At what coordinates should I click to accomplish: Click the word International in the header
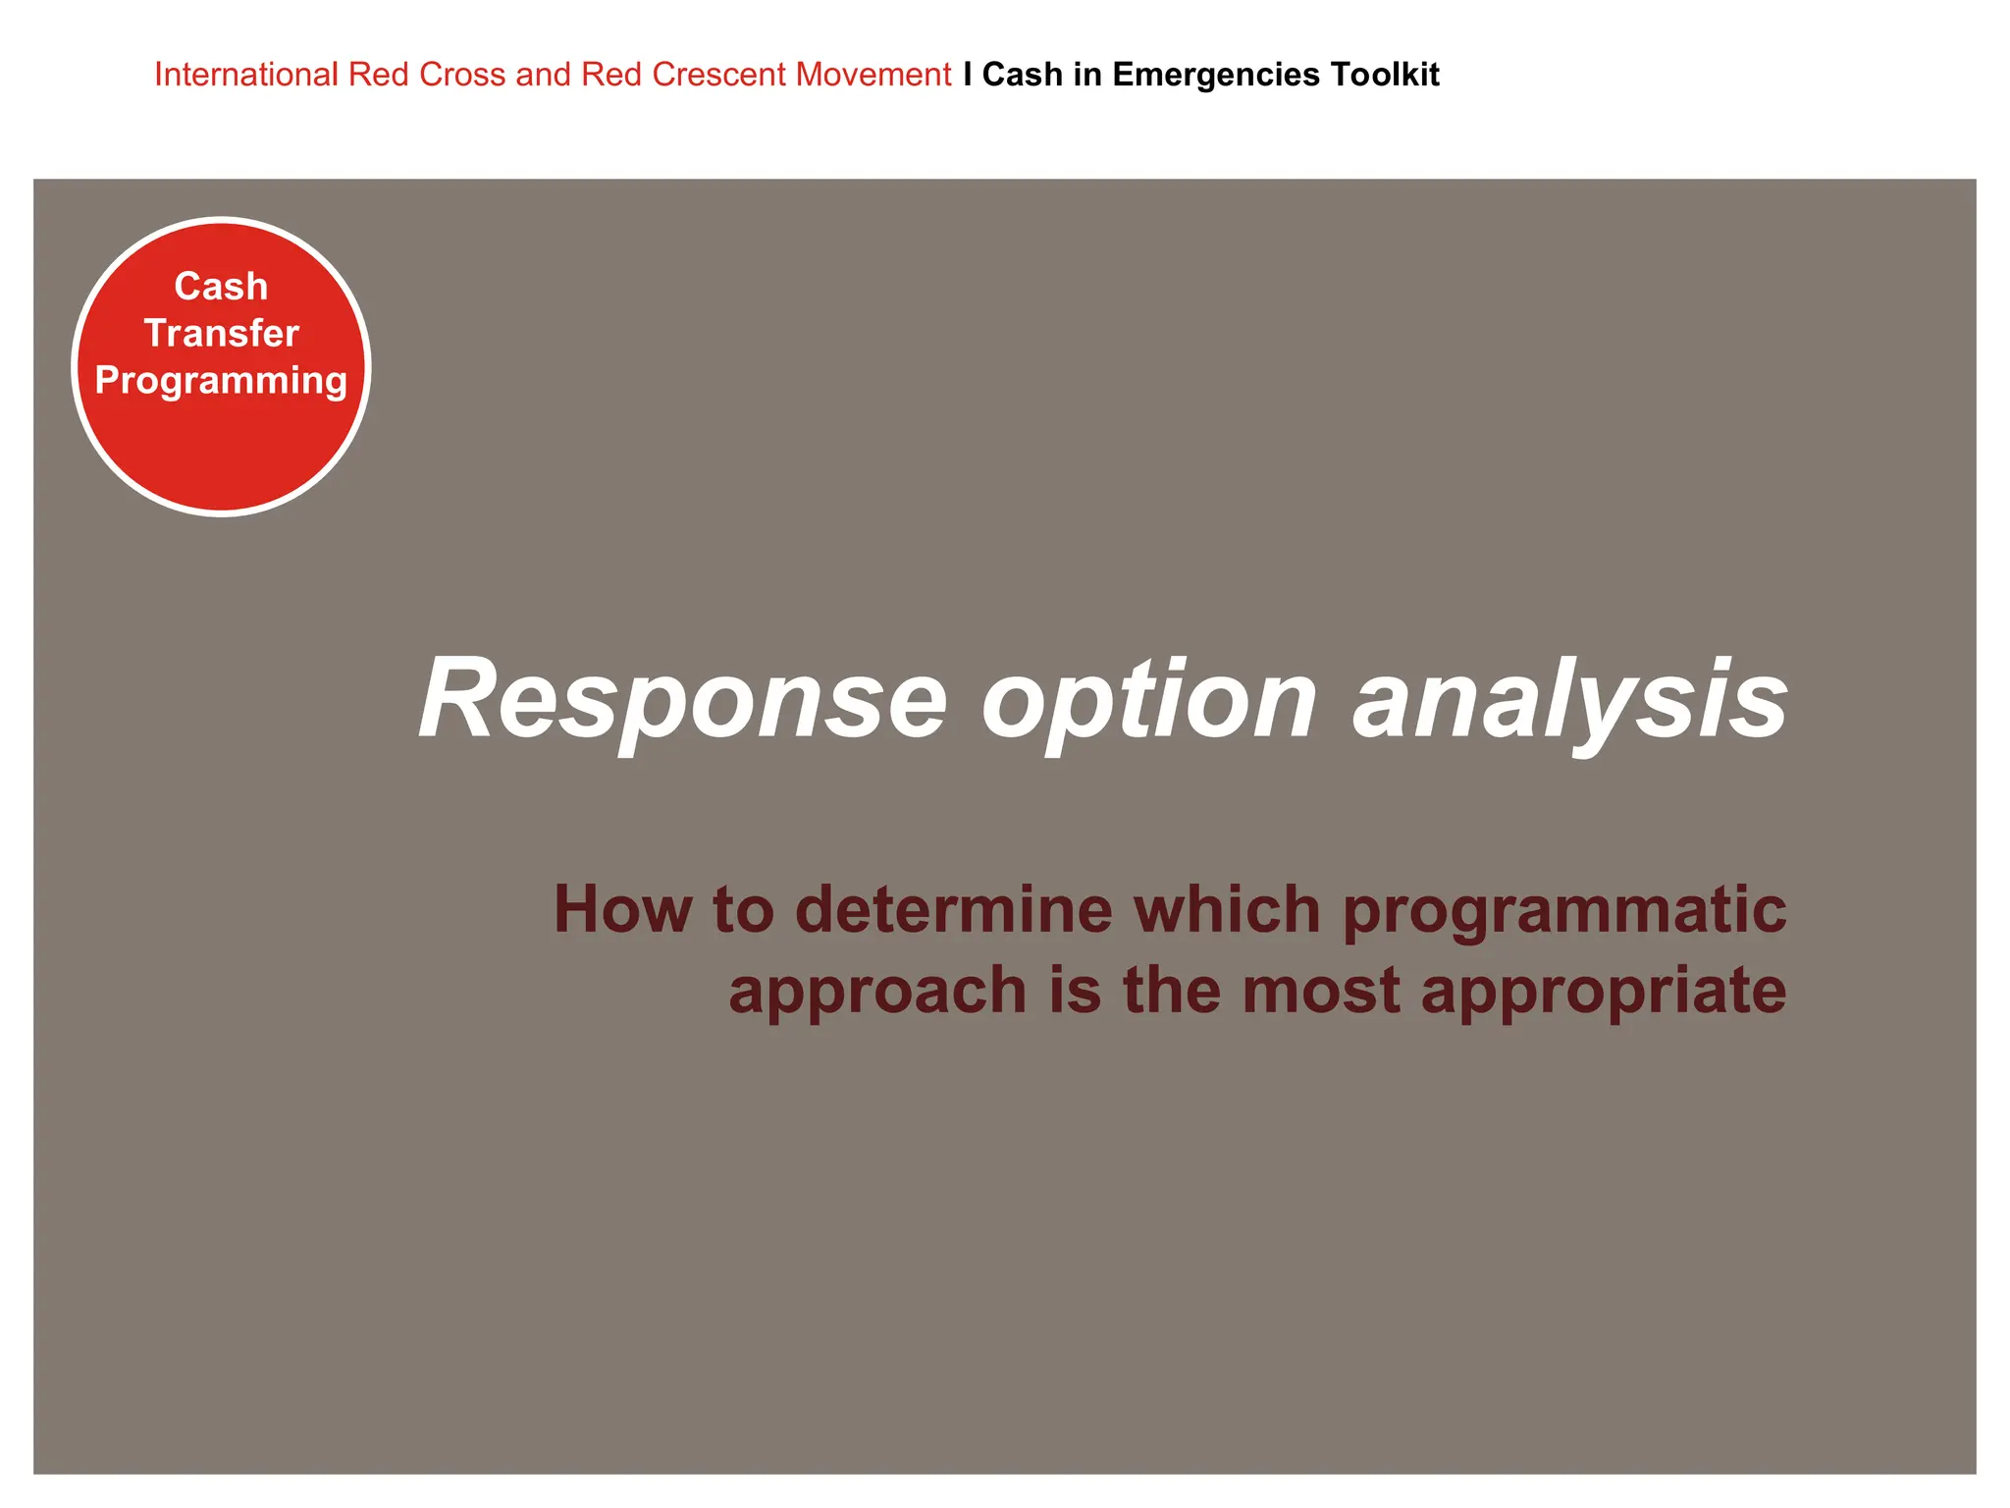[245, 75]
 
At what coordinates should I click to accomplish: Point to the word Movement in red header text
[873, 75]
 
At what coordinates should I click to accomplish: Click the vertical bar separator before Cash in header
[968, 75]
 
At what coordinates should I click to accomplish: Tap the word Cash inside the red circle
[221, 287]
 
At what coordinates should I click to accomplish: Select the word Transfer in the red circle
[221, 334]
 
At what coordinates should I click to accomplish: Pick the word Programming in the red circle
[221, 381]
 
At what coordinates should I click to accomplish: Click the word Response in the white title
[683, 699]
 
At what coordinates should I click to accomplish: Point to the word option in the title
[1149, 699]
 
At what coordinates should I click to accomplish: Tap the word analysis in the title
[1570, 699]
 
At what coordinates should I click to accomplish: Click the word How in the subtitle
[622, 909]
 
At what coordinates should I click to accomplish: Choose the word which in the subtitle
[1227, 909]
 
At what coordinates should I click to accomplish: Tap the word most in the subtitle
[1321, 990]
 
